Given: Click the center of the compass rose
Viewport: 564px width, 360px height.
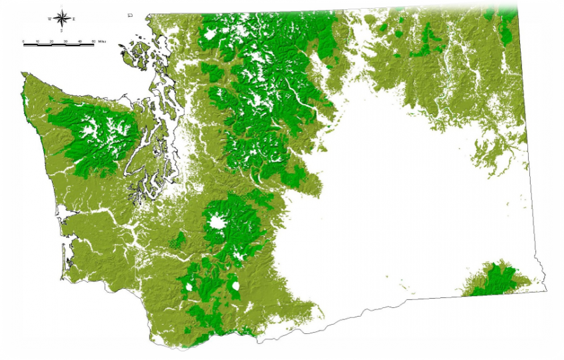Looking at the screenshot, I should coord(61,19).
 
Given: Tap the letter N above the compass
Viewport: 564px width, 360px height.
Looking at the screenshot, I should coord(61,5).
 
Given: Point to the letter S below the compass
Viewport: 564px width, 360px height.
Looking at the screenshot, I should coord(61,31).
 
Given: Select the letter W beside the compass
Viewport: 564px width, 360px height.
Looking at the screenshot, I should coord(49,19).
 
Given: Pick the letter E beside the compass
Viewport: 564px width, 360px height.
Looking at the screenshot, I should coord(73,19).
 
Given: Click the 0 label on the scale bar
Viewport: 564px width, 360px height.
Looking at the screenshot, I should coord(24,41).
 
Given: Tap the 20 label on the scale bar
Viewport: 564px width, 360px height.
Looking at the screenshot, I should coord(52,41).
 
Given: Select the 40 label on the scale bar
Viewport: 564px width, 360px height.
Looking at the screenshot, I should coord(80,41).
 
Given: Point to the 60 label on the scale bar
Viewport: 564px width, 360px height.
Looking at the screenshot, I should coord(93,41).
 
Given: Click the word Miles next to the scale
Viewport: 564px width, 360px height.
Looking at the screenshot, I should coord(103,41).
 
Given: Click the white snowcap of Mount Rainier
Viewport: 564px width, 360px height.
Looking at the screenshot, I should coord(216,223).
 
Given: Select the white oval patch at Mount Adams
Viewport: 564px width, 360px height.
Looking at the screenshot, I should coord(235,287).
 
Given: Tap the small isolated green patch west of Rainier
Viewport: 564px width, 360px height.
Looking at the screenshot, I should coord(178,239).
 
